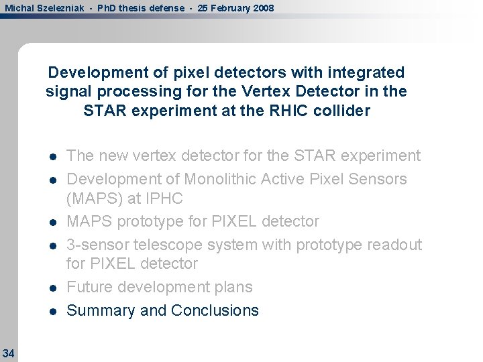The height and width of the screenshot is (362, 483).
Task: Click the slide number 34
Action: pos(8,353)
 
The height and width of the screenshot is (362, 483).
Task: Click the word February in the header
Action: pos(225,8)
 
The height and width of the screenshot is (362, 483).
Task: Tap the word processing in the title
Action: pos(131,91)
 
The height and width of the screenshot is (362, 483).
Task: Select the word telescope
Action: pos(169,245)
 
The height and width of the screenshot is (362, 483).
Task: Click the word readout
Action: pos(395,245)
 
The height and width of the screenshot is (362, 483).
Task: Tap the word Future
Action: pos(90,287)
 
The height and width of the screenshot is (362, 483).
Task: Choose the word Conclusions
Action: pos(215,310)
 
